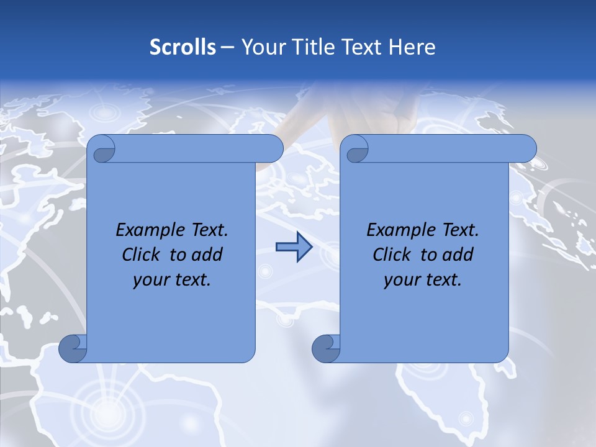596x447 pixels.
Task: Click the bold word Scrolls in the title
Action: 183,47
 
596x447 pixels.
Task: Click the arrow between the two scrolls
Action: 294,247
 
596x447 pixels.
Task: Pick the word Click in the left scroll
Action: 137,255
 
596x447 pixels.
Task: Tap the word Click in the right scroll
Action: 387,255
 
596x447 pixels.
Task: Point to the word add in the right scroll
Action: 458,255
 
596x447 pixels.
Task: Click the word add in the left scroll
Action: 207,255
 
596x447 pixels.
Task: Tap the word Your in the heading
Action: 261,47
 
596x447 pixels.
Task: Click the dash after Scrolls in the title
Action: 228,47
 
